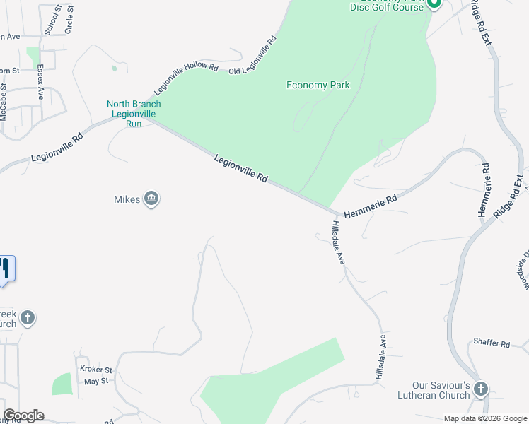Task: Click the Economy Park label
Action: click(x=318, y=86)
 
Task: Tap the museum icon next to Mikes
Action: click(x=151, y=199)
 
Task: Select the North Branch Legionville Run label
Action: click(x=134, y=114)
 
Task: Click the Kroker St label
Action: click(x=95, y=370)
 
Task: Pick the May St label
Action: click(x=94, y=381)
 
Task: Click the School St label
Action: click(x=49, y=19)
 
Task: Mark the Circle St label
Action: click(x=69, y=19)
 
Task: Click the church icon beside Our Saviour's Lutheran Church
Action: click(x=481, y=389)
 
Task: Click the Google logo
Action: click(x=23, y=416)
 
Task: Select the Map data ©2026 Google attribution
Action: click(x=485, y=418)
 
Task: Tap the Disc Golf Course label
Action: click(x=386, y=7)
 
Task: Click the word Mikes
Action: click(x=127, y=199)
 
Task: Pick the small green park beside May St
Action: click(x=62, y=384)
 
